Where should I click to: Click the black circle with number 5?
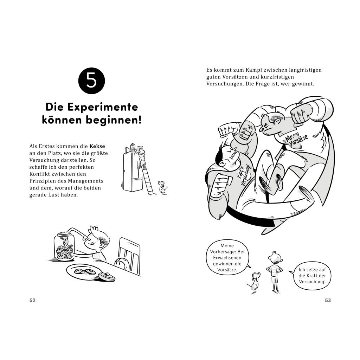[91, 81]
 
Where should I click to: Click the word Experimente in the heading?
[103, 107]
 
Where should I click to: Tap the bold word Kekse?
[97, 146]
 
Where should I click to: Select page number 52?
[32, 300]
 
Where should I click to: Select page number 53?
[328, 300]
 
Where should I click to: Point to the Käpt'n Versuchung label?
[245, 174]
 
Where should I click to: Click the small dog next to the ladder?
[162, 187]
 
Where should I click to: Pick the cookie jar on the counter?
[64, 246]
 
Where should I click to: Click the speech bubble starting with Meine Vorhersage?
[227, 258]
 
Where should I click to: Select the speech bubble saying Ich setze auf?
[311, 276]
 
